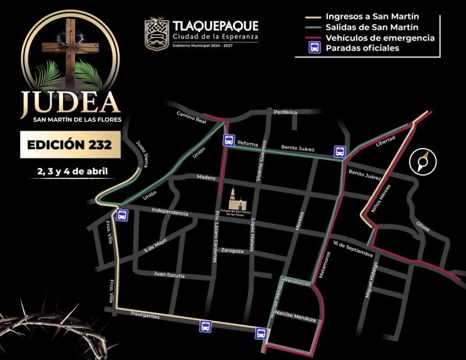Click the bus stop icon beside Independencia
click(x=122, y=216)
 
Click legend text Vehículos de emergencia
click(x=380, y=38)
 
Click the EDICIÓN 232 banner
click(x=70, y=144)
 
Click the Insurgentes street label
click(x=145, y=315)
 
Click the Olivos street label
click(x=422, y=225)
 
